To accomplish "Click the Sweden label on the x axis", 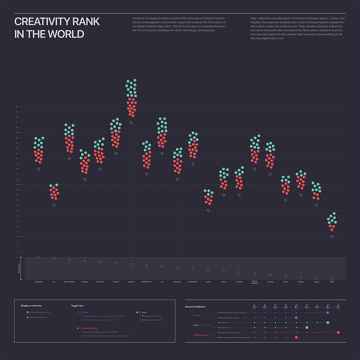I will coord(131,282).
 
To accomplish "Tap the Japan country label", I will coord(208,282).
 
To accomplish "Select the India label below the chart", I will coord(332,282).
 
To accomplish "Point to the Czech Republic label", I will coord(255,283).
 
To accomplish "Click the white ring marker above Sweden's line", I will coord(131,122).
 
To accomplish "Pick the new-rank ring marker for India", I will coord(332,236).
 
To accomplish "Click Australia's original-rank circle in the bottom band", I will coord(38,257).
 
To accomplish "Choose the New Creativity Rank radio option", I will coord(27,317).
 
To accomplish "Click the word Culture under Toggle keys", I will coord(85,312).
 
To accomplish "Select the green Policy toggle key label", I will coord(144,312).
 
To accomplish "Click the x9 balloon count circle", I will coord(338,307).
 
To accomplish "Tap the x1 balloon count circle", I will coord(254,307).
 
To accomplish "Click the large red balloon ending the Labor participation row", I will coord(338,332).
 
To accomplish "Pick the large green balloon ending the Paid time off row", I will coord(328,322).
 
